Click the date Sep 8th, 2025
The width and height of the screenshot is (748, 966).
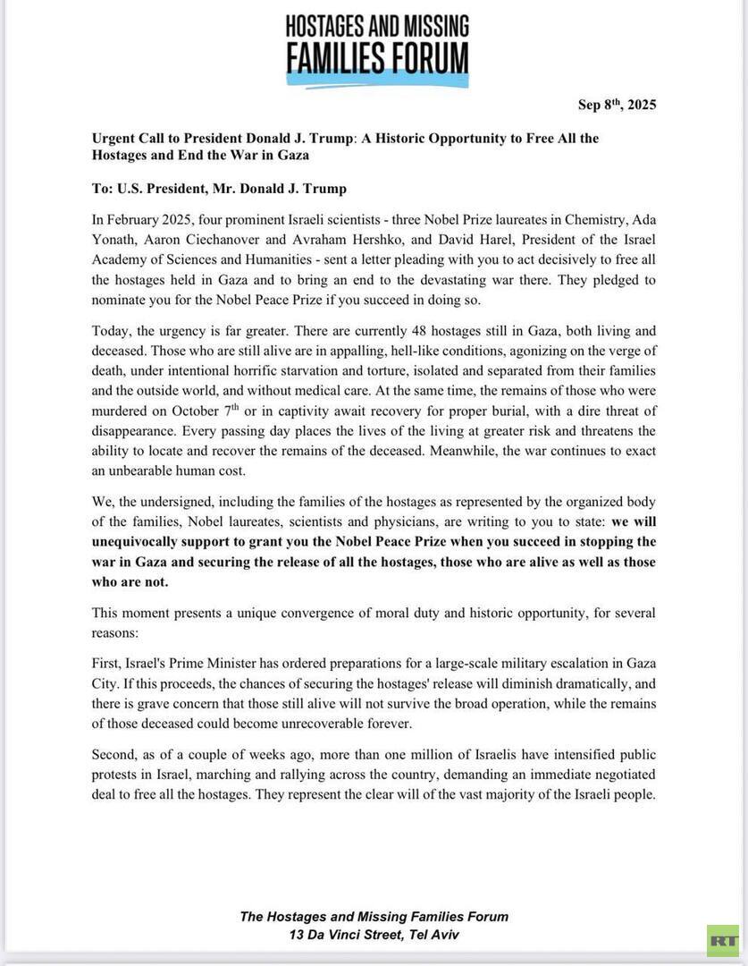(x=617, y=105)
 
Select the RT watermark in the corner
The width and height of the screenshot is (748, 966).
(x=722, y=940)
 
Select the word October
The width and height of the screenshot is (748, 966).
(x=204, y=411)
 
